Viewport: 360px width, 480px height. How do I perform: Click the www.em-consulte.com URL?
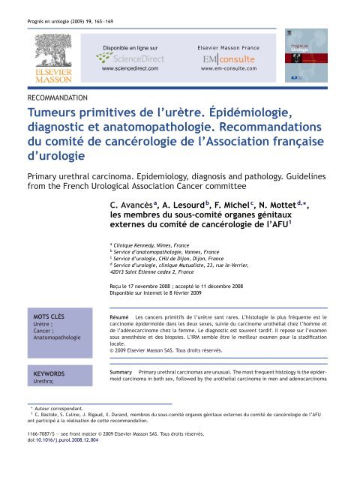tap(229, 69)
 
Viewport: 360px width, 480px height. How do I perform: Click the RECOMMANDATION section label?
tap(56, 97)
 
